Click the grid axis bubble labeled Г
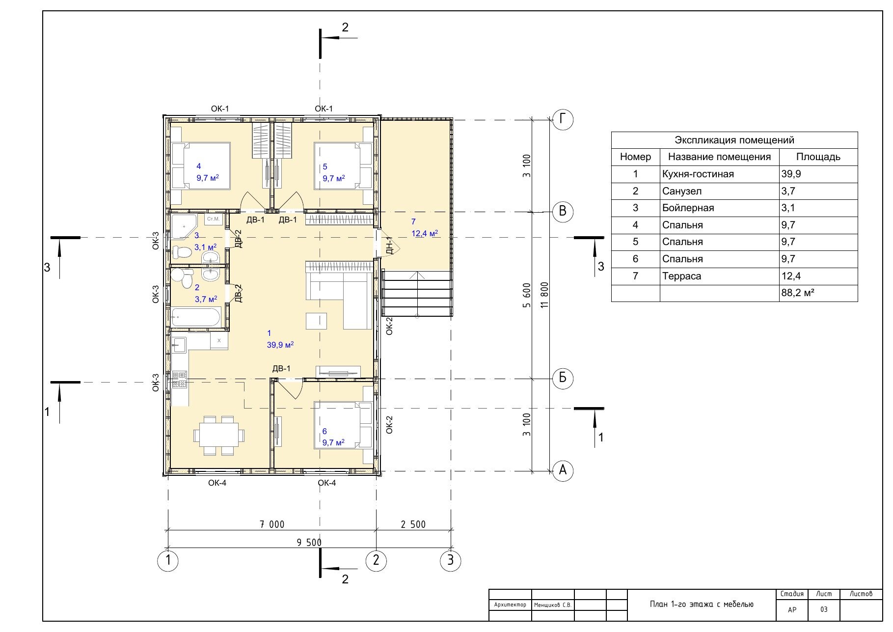[563, 119]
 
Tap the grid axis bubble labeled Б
[563, 378]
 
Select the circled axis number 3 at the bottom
[451, 560]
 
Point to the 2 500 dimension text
[413, 524]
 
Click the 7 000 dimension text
[272, 524]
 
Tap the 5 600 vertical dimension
[527, 295]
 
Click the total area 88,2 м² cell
[798, 293]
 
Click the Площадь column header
[818, 157]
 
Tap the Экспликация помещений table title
[734, 140]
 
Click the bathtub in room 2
[196, 317]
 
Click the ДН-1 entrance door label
[389, 245]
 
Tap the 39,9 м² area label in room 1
[280, 345]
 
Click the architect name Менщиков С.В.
[553, 605]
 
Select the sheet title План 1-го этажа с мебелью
[702, 604]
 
